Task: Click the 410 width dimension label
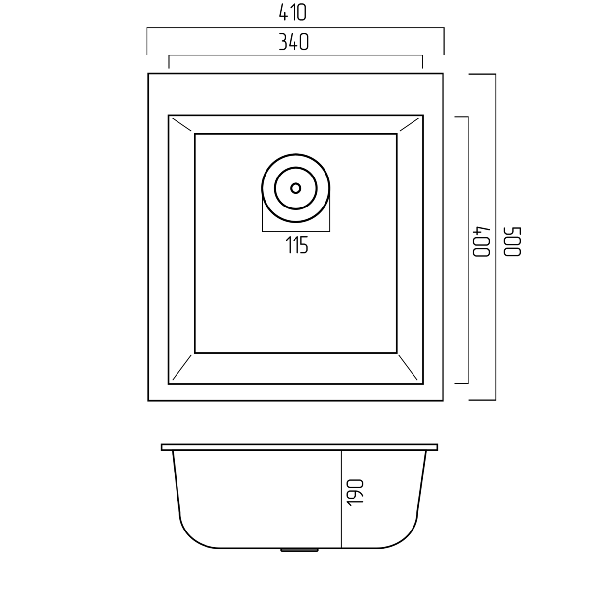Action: click(x=293, y=13)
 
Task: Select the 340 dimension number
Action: click(x=294, y=42)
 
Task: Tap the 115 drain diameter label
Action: click(x=296, y=245)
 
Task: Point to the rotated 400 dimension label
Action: click(x=482, y=241)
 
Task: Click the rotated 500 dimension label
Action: click(x=512, y=241)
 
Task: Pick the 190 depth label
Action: click(x=355, y=493)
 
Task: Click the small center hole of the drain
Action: click(x=296, y=188)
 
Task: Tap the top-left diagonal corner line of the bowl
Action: click(x=182, y=124)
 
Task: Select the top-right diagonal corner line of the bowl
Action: click(x=410, y=124)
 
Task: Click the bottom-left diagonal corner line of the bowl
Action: click(x=182, y=367)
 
